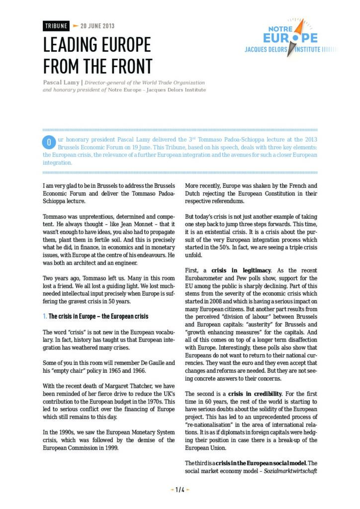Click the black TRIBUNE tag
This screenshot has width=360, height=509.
click(x=56, y=26)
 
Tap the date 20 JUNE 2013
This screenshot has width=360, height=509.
click(x=97, y=26)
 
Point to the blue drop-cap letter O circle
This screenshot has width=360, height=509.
click(x=49, y=142)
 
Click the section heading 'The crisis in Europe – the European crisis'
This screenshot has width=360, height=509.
click(x=95, y=316)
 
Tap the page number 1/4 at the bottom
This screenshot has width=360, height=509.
click(x=180, y=490)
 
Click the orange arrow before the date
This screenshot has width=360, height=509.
click(x=76, y=26)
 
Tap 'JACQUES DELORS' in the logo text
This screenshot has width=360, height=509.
click(x=271, y=50)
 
